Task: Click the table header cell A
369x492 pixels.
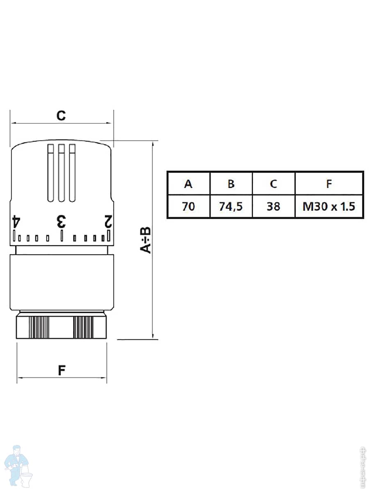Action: (188, 184)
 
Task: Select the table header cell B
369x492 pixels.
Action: (231, 184)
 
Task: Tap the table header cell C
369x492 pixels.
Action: (273, 184)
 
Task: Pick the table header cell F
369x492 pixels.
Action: (329, 184)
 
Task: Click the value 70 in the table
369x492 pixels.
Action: (188, 206)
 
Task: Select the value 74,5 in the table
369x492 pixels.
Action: (231, 206)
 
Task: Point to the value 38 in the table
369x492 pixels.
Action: (273, 206)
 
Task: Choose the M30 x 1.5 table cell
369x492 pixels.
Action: (329, 206)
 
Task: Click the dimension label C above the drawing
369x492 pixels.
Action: (61, 116)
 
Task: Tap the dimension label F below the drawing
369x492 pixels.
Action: (61, 370)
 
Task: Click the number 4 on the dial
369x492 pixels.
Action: (16, 221)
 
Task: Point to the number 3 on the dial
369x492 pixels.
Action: (61, 221)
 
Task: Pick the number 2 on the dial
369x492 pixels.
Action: (108, 221)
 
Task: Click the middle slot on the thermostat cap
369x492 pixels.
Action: (61, 172)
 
